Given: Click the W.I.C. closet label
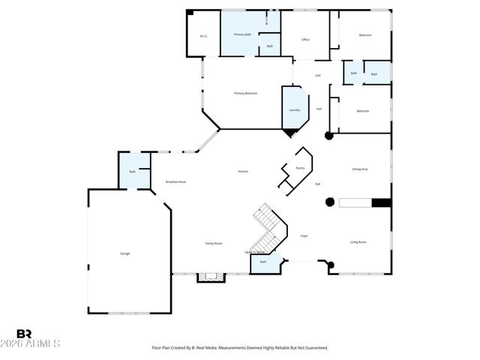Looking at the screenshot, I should [203, 36].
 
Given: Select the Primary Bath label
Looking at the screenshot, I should [242, 35].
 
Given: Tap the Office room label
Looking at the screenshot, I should [305, 39].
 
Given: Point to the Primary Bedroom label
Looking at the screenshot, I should [245, 93].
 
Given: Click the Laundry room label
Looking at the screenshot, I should [295, 110].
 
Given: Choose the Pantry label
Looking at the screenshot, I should [300, 168].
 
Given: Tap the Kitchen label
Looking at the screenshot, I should [243, 172].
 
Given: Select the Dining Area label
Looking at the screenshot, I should [360, 169].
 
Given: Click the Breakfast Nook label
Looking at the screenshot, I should [175, 182].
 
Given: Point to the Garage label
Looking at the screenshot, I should [125, 253].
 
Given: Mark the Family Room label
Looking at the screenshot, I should [214, 243].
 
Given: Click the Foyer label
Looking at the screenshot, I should [304, 235].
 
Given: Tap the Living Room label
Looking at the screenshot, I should [358, 242].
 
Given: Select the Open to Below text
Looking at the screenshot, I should [254, 252].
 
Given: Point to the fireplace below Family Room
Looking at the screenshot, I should [210, 277].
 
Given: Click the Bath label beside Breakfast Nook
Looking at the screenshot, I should [133, 172].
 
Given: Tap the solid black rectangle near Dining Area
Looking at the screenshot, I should [381, 202].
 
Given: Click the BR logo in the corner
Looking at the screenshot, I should [24, 334].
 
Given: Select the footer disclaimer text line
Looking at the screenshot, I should [240, 348].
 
